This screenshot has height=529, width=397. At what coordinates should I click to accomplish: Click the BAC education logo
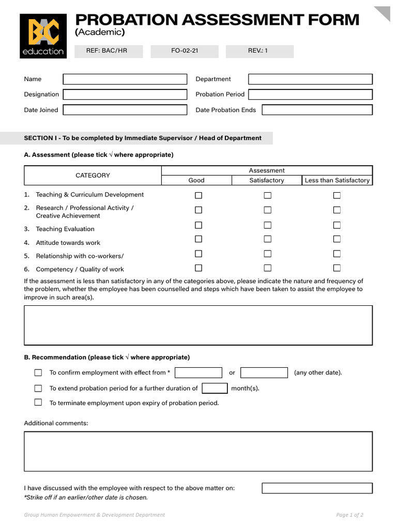pos(43,36)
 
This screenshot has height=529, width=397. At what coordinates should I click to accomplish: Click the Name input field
pos(125,79)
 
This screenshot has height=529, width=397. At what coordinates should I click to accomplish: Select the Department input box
pos(310,79)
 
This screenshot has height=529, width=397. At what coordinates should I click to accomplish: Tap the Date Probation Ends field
pos(317,110)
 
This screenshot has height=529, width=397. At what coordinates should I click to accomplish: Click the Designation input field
pos(125,95)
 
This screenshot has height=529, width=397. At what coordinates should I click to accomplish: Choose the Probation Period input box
pos(310,95)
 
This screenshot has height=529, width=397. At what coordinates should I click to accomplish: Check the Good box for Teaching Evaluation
pos(198,225)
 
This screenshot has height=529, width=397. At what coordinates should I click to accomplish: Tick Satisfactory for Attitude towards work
pos(268,239)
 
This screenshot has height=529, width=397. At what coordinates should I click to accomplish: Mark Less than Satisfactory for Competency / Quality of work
pos(337,268)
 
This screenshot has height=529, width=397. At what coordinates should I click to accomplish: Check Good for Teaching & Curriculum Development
pos(198,195)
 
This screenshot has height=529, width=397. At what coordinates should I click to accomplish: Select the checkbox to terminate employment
pos(38,402)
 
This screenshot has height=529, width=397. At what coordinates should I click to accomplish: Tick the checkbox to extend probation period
pos(38,388)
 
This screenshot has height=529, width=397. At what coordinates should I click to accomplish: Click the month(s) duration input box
pos(215,388)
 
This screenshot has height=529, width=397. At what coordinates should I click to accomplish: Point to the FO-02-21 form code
pos(185,51)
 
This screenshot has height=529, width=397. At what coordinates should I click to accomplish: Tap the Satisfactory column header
pos(267,180)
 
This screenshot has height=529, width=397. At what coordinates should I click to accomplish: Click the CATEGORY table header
pos(93,176)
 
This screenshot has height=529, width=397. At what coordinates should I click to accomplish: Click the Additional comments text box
pos(198,451)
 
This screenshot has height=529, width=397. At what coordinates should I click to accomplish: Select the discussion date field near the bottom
pos(317,488)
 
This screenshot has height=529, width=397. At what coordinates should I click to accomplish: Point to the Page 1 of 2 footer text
pos(349,515)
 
